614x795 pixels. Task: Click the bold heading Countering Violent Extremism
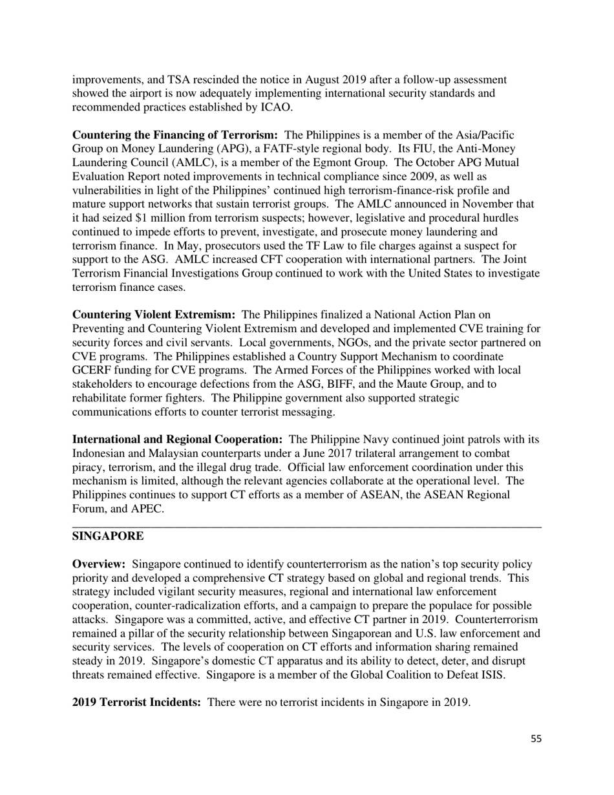(x=153, y=315)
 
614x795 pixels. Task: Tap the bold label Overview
(x=98, y=566)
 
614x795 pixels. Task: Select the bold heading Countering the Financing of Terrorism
(x=175, y=135)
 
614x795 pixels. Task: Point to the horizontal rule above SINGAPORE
(x=306, y=527)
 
